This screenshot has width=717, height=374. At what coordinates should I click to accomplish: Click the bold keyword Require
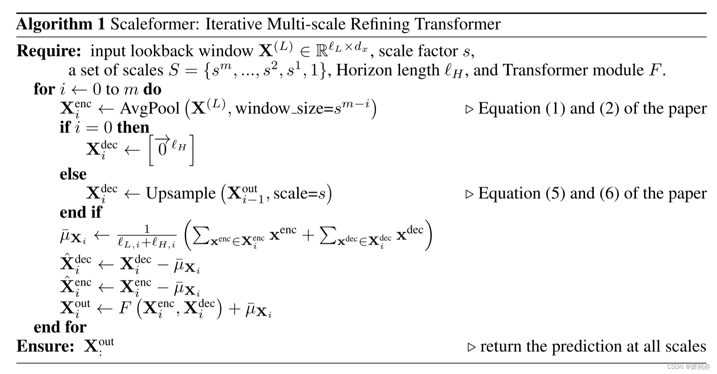[x=49, y=51]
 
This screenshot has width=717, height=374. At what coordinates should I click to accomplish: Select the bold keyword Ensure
[x=45, y=346]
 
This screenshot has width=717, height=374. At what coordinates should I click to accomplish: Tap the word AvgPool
[x=150, y=108]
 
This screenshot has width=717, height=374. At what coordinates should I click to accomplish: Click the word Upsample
[x=180, y=194]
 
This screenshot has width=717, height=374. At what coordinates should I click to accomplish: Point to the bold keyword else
[x=73, y=174]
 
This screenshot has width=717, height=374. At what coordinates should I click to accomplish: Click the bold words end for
[x=60, y=327]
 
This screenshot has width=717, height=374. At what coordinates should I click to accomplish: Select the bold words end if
[x=81, y=213]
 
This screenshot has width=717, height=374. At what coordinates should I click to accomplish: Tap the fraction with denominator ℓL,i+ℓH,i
[x=147, y=236]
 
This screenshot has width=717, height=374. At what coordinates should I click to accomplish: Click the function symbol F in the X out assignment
[x=125, y=308]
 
